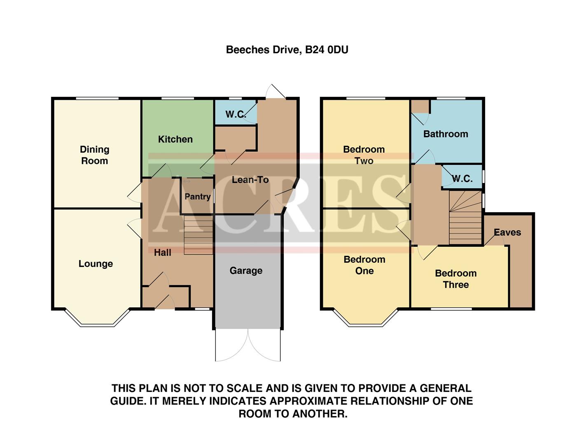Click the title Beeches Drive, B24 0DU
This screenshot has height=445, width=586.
pyautogui.click(x=287, y=50)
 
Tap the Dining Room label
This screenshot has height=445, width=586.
pyautogui.click(x=95, y=155)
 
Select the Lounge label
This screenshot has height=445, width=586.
pyautogui.click(x=96, y=264)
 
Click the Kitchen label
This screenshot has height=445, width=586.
pyautogui.click(x=175, y=139)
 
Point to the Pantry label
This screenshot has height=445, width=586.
pyautogui.click(x=197, y=197)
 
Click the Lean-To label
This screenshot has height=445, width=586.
pyautogui.click(x=250, y=180)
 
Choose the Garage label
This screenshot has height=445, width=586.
pyautogui.click(x=246, y=271)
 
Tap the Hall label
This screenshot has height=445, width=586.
pyautogui.click(x=162, y=253)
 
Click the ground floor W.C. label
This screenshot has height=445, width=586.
pyautogui.click(x=235, y=114)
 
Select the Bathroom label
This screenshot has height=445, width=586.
pyautogui.click(x=446, y=134)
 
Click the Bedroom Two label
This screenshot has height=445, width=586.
pyautogui.click(x=364, y=155)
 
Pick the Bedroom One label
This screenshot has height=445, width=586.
pyautogui.click(x=364, y=265)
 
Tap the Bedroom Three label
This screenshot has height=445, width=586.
pyautogui.click(x=456, y=279)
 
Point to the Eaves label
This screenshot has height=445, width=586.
pyautogui.click(x=507, y=232)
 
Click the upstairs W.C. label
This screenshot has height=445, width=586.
pyautogui.click(x=462, y=178)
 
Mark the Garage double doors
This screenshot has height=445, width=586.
pyautogui.click(x=248, y=345)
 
